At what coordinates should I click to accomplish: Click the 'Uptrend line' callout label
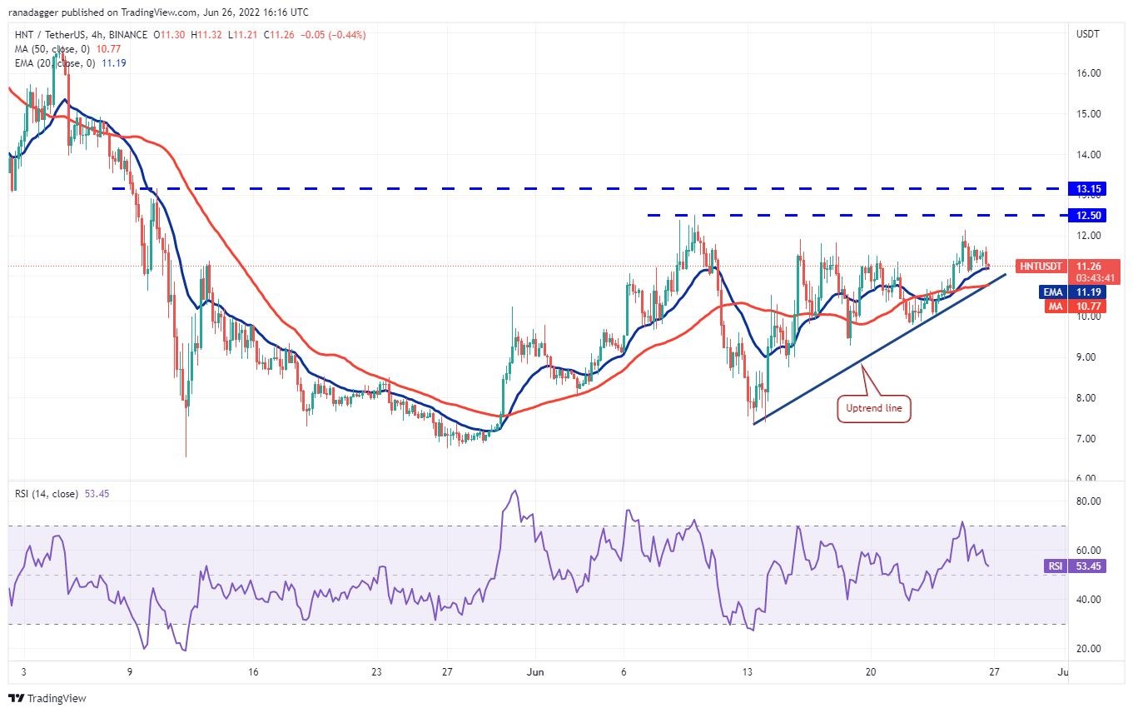click(x=872, y=409)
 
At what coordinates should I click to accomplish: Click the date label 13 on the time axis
click(x=748, y=671)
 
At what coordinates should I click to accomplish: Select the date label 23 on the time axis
click(x=376, y=671)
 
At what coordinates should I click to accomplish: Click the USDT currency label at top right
click(x=1089, y=34)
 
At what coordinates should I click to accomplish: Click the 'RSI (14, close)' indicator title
click(x=47, y=494)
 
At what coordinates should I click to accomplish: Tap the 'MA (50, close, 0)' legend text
click(x=49, y=48)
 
